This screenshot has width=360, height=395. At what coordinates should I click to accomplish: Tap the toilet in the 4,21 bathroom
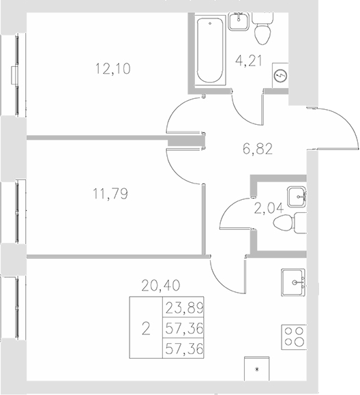point(262,29)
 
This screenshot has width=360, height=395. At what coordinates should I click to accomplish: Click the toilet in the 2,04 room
point(298,222)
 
